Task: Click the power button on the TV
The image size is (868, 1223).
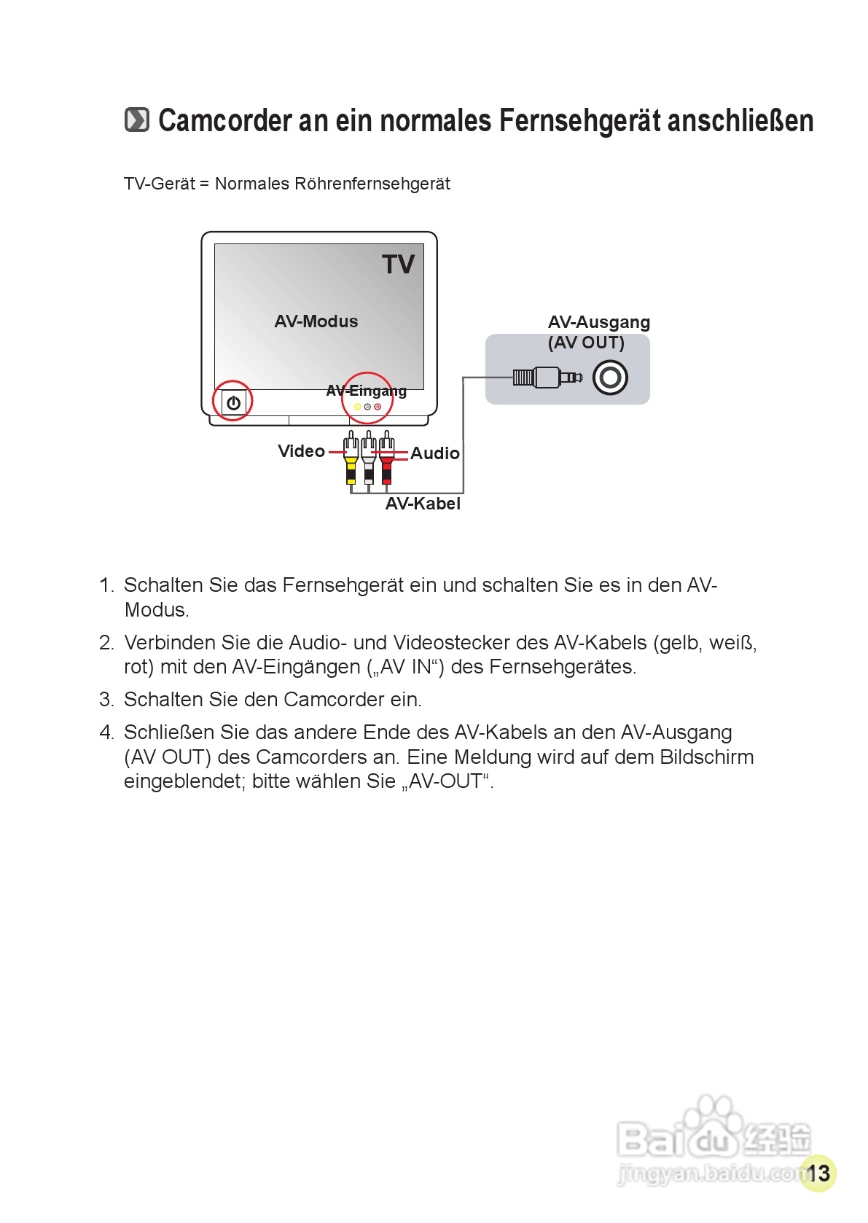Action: tap(233, 402)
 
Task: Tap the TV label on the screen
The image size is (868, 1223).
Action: tap(398, 265)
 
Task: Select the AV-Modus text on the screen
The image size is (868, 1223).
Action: tap(316, 321)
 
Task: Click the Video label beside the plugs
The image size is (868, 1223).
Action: tap(301, 451)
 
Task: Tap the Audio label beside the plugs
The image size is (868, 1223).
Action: tap(435, 453)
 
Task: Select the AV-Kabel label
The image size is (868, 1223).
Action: tap(423, 504)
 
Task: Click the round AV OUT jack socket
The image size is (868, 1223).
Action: tap(610, 378)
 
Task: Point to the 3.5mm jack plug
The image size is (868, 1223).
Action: tap(547, 378)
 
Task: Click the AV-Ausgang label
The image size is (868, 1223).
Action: tap(598, 322)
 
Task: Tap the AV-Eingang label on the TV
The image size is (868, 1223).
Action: tap(366, 391)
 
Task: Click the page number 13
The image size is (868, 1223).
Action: tap(818, 1173)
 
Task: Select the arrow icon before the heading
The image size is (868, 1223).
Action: tap(136, 120)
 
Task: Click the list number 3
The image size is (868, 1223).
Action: tap(106, 700)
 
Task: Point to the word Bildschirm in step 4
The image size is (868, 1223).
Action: tap(706, 757)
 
